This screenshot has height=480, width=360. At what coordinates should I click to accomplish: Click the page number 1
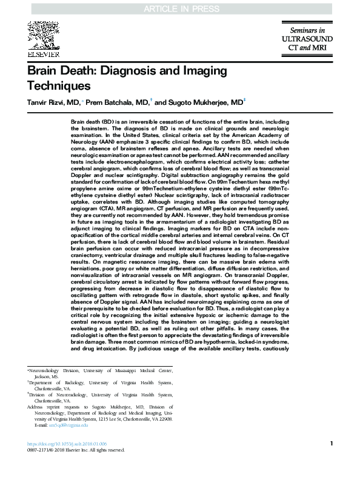[331, 444]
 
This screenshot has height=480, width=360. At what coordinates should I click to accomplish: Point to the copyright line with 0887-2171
[76, 450]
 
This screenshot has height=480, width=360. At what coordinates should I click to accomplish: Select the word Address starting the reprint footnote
[38, 407]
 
